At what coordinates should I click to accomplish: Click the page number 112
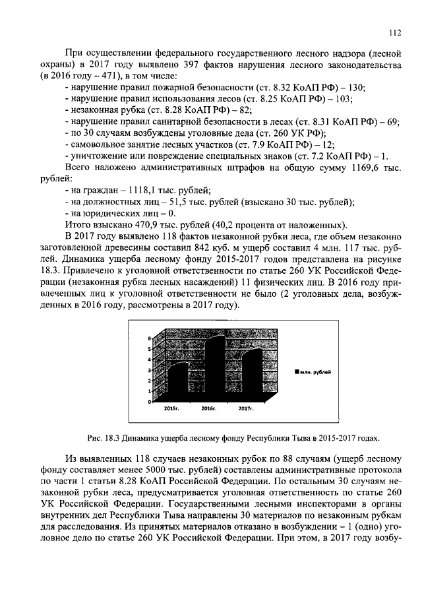point(394,31)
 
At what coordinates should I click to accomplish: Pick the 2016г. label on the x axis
point(209,409)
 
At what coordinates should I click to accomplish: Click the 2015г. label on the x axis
point(171,409)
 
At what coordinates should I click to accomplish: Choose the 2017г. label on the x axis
point(246,409)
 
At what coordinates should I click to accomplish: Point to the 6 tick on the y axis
point(150,338)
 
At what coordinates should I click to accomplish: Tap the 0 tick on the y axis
point(150,401)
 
